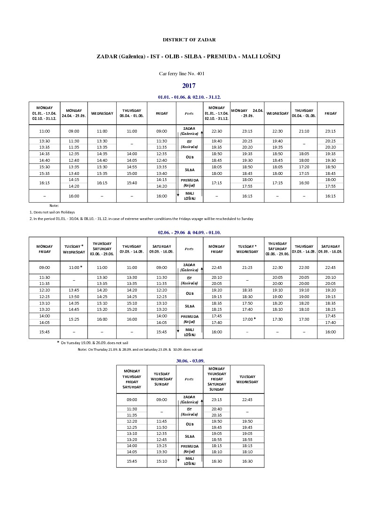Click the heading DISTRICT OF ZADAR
189,40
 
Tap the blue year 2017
189,86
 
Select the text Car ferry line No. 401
189,73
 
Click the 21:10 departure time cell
304,131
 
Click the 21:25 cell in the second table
247,268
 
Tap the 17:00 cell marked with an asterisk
247,319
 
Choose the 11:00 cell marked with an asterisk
75,268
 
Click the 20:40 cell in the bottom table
217,409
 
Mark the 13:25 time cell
161,446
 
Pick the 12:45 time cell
161,440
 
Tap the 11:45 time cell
161,421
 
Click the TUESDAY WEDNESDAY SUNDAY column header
161,379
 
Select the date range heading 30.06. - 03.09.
190,361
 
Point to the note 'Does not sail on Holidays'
52,212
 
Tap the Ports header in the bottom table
189,379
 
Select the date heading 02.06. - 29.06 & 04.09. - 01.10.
190,233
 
